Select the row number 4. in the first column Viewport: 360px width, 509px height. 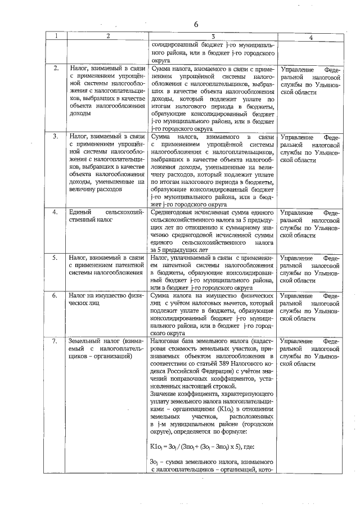coord(56,213)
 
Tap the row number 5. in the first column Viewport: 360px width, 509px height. coord(56,258)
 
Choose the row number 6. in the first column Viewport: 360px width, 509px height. coord(56,295)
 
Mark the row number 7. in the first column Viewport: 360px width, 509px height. coord(56,341)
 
